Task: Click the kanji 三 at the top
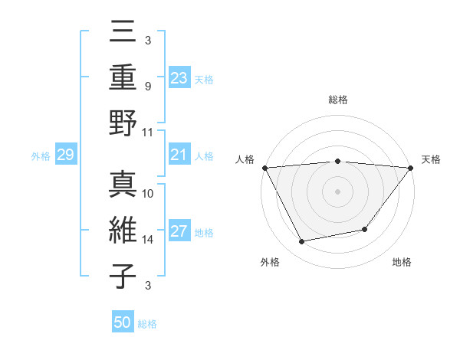point(123,34)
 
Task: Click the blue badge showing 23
point(179,77)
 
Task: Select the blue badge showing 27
point(179,232)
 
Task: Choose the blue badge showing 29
point(66,155)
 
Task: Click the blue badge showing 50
point(123,322)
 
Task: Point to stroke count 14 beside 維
point(148,240)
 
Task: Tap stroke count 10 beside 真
point(148,194)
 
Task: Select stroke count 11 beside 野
point(148,132)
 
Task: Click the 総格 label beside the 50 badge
point(148,324)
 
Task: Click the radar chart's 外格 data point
point(302,241)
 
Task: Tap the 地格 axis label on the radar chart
point(402,262)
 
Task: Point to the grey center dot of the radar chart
point(337,191)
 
